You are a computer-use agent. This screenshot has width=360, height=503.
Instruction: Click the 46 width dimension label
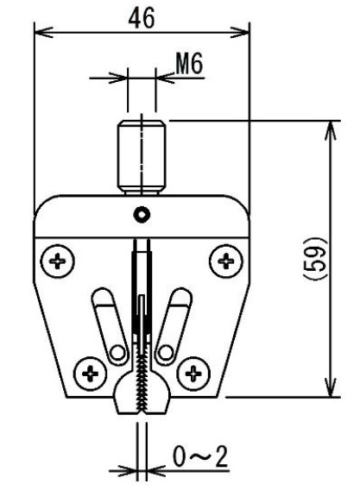coord(142,18)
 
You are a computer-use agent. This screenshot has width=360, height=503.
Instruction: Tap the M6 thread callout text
coord(189,64)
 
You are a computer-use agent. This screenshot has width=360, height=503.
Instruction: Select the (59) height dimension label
coord(316,259)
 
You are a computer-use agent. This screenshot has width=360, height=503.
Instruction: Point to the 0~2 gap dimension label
coord(200,456)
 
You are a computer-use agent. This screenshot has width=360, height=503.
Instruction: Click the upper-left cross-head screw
coord(58,261)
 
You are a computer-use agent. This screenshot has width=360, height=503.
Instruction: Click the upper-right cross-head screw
coord(226,261)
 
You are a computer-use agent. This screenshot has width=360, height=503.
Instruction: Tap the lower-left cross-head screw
coord(90,374)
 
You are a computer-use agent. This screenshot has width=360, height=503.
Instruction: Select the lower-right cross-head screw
coord(193,374)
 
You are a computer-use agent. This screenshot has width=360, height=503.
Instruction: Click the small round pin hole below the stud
coord(142,214)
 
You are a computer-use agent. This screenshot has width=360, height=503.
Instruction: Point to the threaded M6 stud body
coord(142,157)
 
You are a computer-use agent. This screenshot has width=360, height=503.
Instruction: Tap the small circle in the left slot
coord(117,353)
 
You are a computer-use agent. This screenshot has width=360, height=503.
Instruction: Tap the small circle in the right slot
coord(166,353)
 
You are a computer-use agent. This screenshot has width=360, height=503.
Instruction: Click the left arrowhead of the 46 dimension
coord(43,32)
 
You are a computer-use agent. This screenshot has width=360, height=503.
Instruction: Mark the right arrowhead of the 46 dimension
coord(240,32)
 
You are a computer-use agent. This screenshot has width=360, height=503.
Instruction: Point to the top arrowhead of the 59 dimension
coord(331,131)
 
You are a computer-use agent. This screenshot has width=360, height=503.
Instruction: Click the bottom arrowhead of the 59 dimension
coord(331,387)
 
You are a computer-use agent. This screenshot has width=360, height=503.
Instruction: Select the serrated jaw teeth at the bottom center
coord(142,385)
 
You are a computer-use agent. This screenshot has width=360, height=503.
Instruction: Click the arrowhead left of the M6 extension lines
coord(118,78)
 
